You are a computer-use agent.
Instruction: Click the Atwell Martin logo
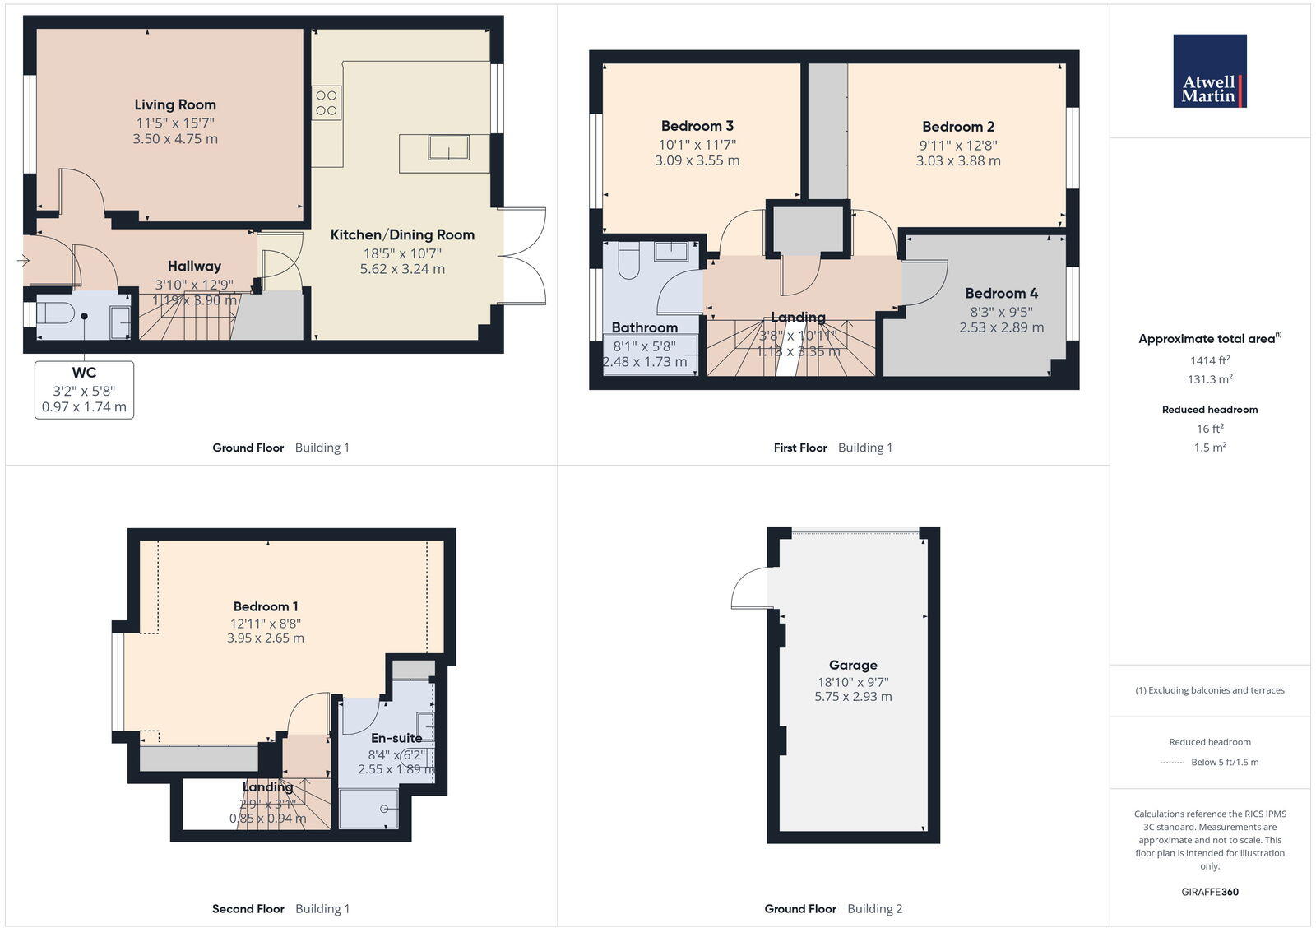(1209, 71)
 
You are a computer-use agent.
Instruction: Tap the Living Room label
(175, 104)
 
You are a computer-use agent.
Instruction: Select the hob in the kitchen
(326, 103)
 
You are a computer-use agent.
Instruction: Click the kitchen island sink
(448, 148)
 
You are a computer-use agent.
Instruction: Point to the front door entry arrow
(23, 261)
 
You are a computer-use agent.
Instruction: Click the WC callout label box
(84, 389)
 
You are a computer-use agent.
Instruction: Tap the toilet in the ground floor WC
(56, 313)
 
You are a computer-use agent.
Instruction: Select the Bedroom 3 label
(697, 126)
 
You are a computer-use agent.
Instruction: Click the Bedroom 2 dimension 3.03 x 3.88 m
(958, 160)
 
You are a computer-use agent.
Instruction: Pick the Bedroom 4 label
(1001, 293)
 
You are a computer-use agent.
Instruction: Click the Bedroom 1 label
(265, 606)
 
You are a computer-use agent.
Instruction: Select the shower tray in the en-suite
(368, 808)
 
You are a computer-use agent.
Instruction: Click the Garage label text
(853, 665)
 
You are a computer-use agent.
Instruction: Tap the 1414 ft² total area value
(1209, 360)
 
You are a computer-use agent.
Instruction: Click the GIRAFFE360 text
(1209, 892)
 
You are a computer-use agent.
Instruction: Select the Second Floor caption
(248, 909)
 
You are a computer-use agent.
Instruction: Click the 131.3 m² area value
(1209, 379)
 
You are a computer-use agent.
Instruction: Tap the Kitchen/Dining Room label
(402, 234)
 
